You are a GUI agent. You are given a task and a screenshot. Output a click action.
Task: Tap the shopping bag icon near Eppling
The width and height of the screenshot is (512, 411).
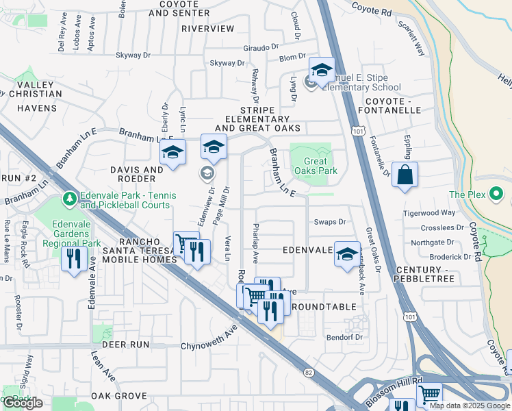tap(405, 174)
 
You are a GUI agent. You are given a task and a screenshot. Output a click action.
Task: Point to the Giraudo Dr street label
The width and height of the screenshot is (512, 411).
tap(262, 48)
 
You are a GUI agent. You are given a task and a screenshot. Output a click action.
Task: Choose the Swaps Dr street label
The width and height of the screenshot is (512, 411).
tap(330, 222)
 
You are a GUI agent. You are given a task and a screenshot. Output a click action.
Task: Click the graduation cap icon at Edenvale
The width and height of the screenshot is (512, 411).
tap(346, 252)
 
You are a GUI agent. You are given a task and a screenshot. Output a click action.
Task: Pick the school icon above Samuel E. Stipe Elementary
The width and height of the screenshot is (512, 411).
tap(321, 69)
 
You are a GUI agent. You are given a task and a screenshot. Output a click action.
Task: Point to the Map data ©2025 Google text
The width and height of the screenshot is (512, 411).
tap(469, 406)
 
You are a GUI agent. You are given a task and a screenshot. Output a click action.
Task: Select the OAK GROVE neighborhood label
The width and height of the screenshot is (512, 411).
tap(119, 396)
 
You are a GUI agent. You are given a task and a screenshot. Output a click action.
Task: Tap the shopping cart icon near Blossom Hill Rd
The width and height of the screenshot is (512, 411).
tap(429, 394)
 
